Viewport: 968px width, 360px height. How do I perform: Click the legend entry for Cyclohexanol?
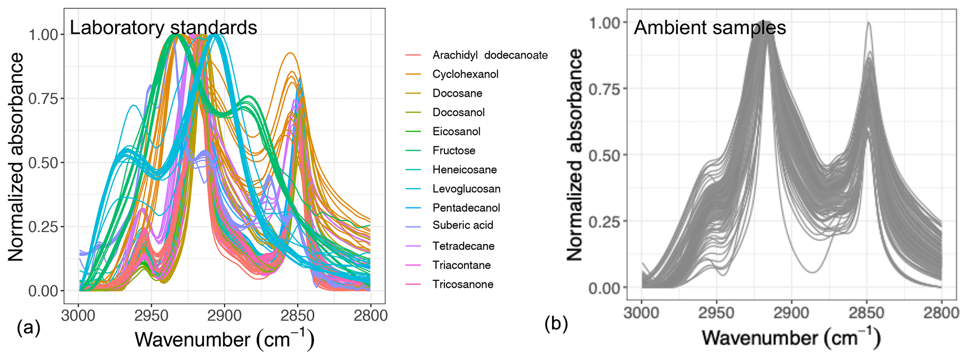(x=465, y=74)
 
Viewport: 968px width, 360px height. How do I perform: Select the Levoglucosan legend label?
(x=466, y=189)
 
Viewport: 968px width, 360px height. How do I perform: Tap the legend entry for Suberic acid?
(x=463, y=225)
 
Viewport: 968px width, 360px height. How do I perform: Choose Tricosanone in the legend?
(x=463, y=284)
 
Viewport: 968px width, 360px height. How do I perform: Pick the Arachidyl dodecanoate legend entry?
(x=490, y=55)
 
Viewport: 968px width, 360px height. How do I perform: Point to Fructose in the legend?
(x=454, y=150)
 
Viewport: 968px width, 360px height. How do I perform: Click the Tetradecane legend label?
(x=463, y=246)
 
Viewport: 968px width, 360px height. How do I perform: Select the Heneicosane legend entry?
(x=465, y=169)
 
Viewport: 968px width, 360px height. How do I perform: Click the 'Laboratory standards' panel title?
(x=163, y=28)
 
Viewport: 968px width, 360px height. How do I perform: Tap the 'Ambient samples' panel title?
(x=709, y=28)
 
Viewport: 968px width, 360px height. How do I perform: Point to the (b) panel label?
(x=556, y=323)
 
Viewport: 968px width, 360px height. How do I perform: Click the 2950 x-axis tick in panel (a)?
(x=151, y=316)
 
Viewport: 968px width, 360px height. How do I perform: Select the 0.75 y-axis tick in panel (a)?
(x=43, y=99)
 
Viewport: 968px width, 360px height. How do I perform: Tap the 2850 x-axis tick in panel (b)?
(x=866, y=312)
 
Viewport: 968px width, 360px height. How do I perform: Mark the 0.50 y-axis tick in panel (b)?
(x=604, y=155)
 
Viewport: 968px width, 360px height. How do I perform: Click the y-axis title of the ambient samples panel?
(x=575, y=154)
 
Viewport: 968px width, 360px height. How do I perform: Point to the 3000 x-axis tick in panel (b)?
(x=642, y=312)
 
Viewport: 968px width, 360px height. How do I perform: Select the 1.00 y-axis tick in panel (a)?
(x=43, y=35)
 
